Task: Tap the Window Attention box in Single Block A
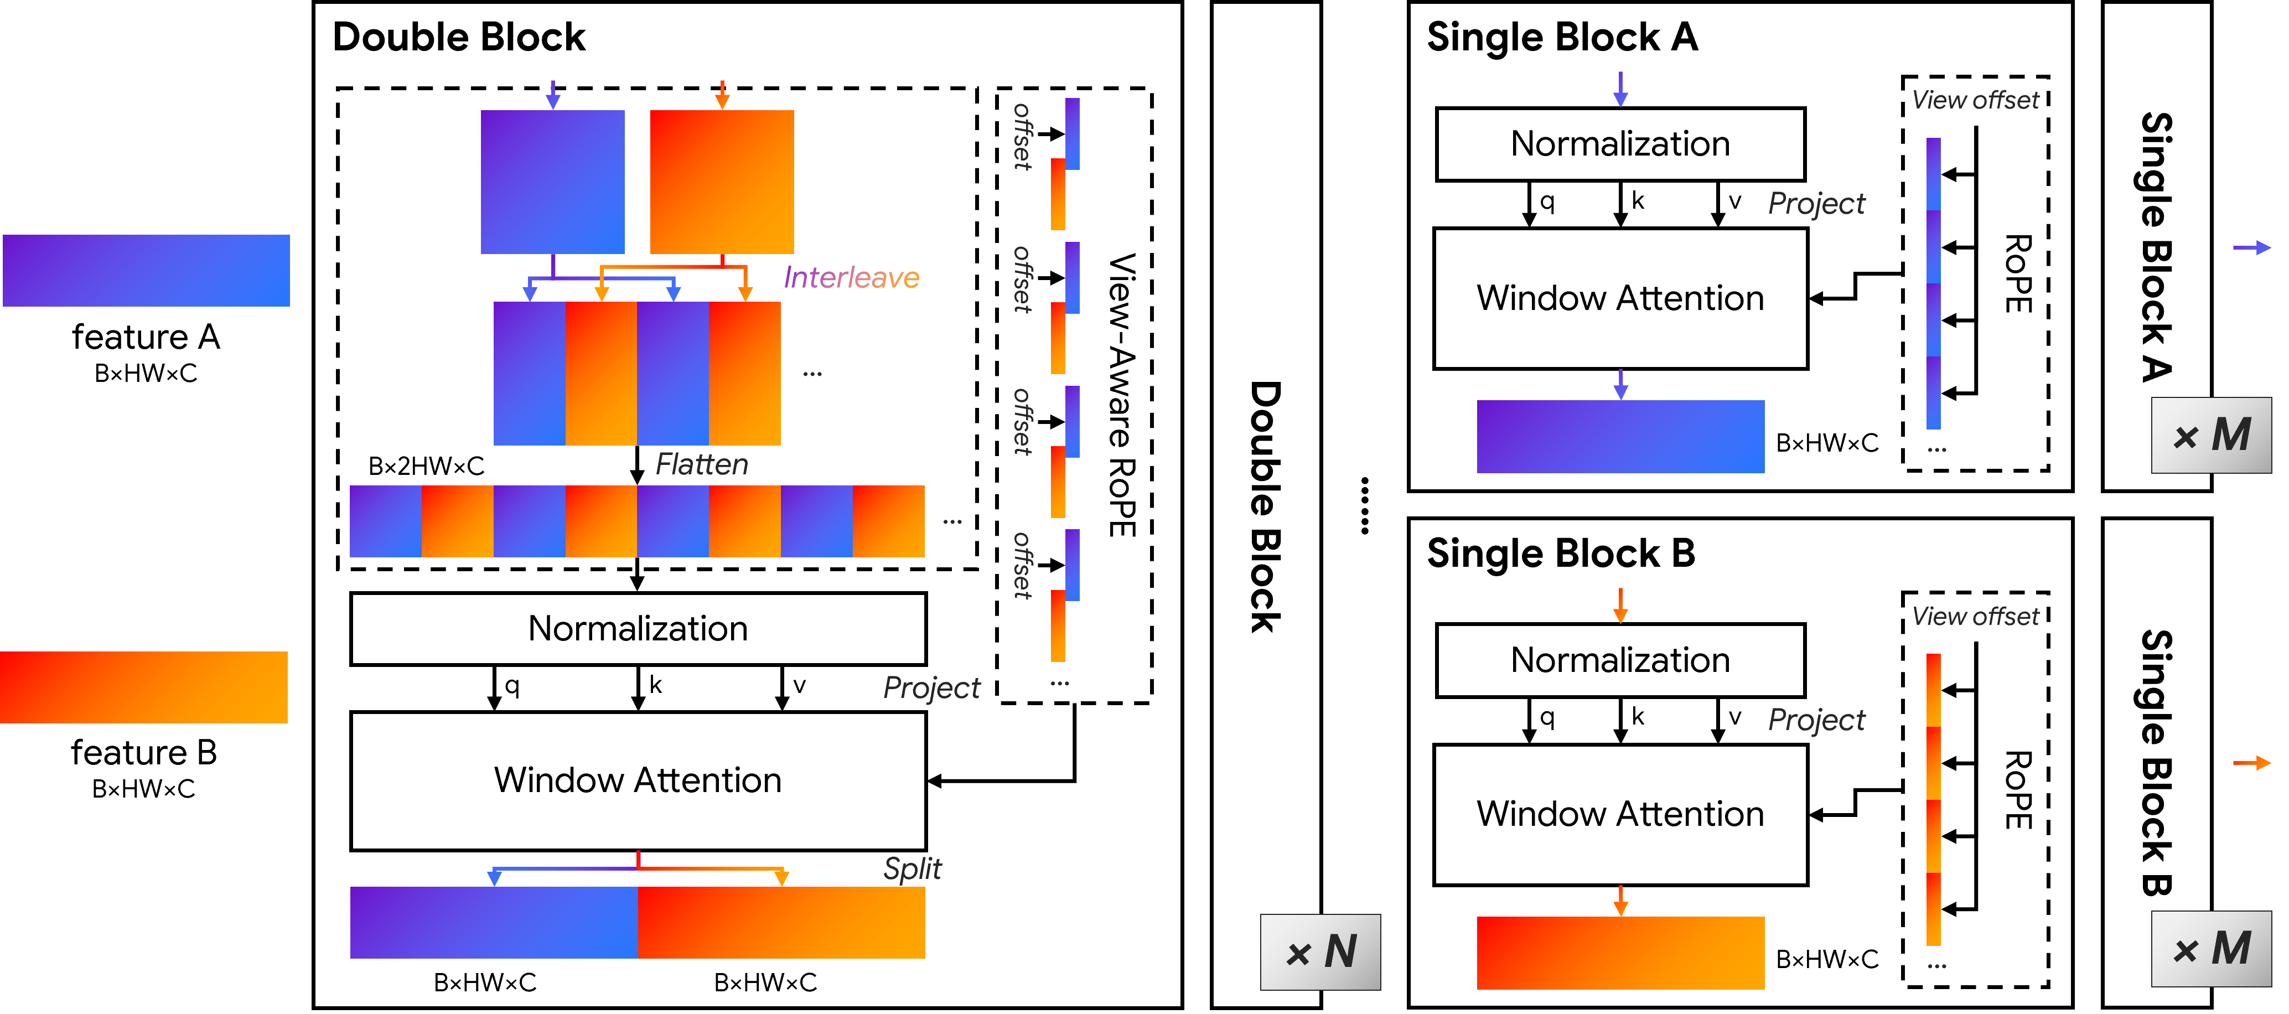tap(1620, 298)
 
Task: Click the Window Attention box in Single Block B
tap(1620, 815)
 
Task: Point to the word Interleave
tap(851, 278)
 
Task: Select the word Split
tap(912, 868)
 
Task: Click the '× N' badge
tap(1320, 953)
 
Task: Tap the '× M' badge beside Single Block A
tap(2211, 436)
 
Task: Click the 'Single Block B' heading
tap(1560, 553)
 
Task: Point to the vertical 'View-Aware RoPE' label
tap(1121, 395)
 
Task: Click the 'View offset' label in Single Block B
tap(1975, 616)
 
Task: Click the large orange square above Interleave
tap(722, 182)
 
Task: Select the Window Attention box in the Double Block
tap(638, 781)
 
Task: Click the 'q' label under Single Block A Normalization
tap(1547, 201)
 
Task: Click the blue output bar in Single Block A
tap(1620, 436)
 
